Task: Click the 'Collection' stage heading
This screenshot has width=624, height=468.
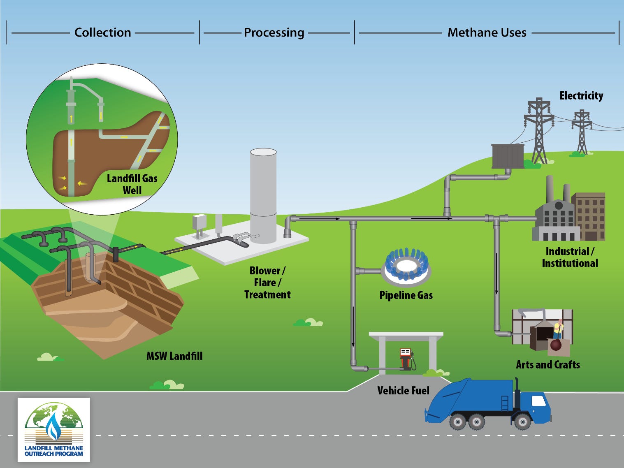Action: [x=102, y=32]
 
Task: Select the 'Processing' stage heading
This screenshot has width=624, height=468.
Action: [x=274, y=32]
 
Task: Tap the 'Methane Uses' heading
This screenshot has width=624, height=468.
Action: [x=487, y=32]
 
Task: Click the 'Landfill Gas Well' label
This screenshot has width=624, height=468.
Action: [x=132, y=184]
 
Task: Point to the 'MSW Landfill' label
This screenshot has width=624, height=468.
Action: [x=174, y=356]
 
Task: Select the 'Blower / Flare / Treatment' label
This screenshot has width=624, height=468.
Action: [x=267, y=283]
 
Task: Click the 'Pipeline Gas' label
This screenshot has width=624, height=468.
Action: [x=406, y=295]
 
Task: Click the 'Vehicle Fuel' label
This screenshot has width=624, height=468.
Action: [x=403, y=391]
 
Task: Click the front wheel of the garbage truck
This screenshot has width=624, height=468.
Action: [x=522, y=422]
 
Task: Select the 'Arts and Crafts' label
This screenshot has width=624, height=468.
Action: [x=548, y=365]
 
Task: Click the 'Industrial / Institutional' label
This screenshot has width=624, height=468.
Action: [x=570, y=257]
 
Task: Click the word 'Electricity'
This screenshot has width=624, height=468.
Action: [x=581, y=96]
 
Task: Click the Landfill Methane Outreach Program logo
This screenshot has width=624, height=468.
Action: [x=54, y=430]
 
